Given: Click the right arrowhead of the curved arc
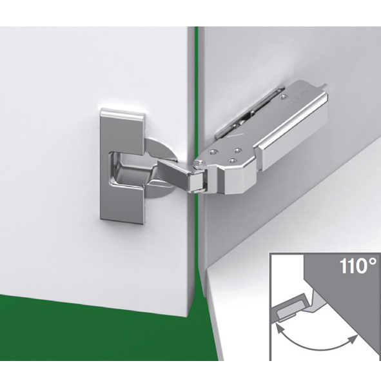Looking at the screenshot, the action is pyautogui.click(x=353, y=338).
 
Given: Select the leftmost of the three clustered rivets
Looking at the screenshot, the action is pyautogui.click(x=213, y=152).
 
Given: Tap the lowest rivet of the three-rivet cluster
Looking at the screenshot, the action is pyautogui.click(x=233, y=161).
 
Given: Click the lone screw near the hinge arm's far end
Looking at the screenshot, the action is pyautogui.click(x=282, y=97).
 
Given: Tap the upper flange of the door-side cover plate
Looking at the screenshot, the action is pyautogui.click(x=122, y=130).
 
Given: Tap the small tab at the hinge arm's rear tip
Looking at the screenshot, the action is pyautogui.click(x=324, y=86).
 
